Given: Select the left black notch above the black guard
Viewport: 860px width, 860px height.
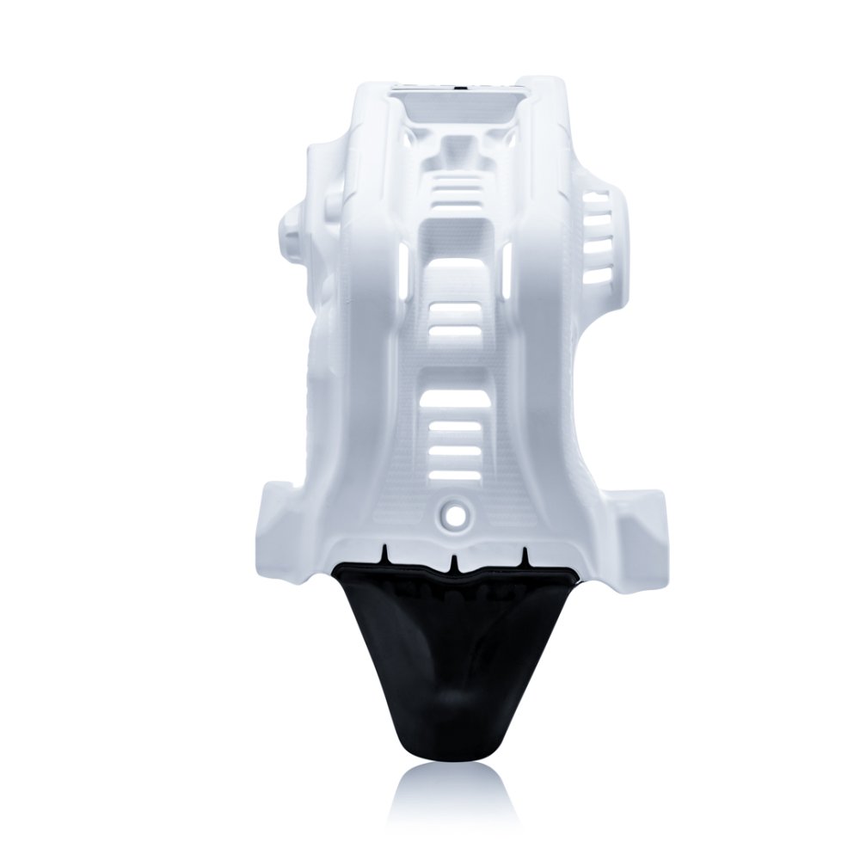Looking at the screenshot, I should pos(388,550).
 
